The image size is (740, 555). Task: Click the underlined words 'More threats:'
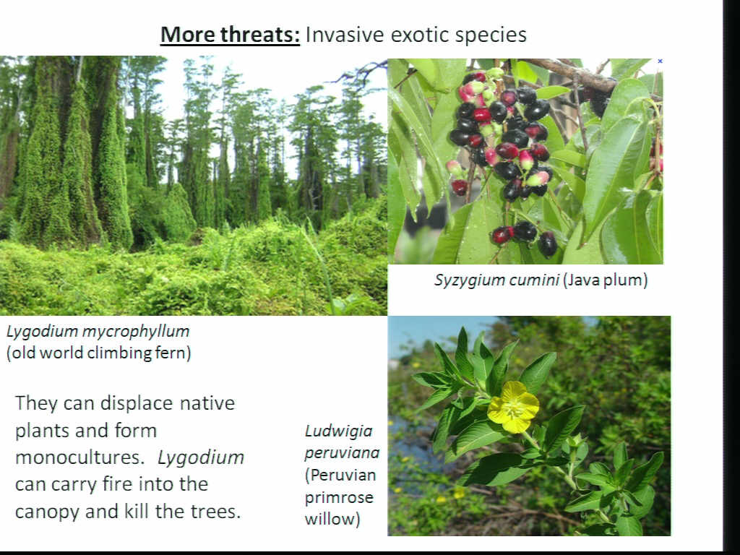click(230, 35)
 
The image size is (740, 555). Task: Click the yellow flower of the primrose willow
click(513, 407)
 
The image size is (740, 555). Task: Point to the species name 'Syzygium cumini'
click(496, 280)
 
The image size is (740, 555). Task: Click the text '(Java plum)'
click(605, 280)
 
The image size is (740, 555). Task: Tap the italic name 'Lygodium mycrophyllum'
click(98, 331)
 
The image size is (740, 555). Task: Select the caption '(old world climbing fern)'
click(98, 353)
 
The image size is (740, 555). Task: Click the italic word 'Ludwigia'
click(338, 431)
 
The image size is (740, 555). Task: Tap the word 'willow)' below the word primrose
click(332, 519)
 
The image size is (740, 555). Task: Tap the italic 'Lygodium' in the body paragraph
click(201, 458)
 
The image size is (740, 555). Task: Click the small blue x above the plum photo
click(660, 61)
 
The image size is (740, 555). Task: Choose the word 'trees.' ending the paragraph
click(215, 511)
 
